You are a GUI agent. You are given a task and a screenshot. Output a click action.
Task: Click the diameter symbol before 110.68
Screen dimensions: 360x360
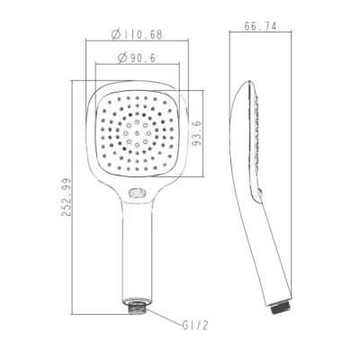(x=117, y=35)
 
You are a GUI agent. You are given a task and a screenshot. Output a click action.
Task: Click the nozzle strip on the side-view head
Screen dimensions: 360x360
(x=257, y=135)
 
